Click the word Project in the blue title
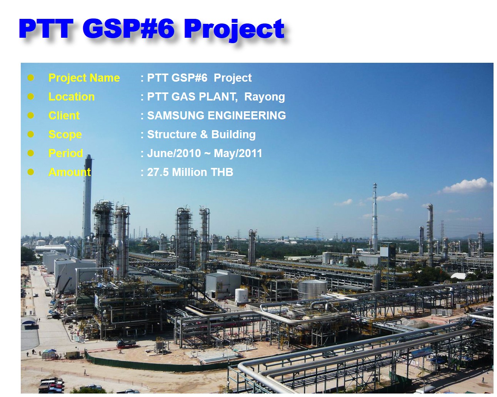[x=234, y=29]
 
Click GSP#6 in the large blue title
[x=128, y=28]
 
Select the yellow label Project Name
[x=84, y=78]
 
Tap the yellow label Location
[x=72, y=97]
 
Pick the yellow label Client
[x=64, y=116]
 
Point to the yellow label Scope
[x=65, y=134]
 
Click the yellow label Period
[x=66, y=153]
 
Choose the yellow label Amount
[x=70, y=172]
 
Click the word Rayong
[x=264, y=97]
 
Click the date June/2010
[x=174, y=153]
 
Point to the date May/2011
[x=238, y=153]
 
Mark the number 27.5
[x=158, y=172]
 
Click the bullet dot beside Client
[x=31, y=116]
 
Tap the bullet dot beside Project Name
[x=31, y=78]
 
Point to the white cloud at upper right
[x=467, y=186]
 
